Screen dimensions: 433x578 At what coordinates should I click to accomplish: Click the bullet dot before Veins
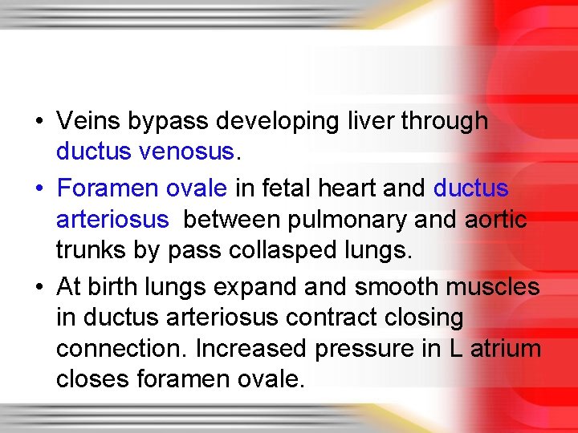click(39, 123)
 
